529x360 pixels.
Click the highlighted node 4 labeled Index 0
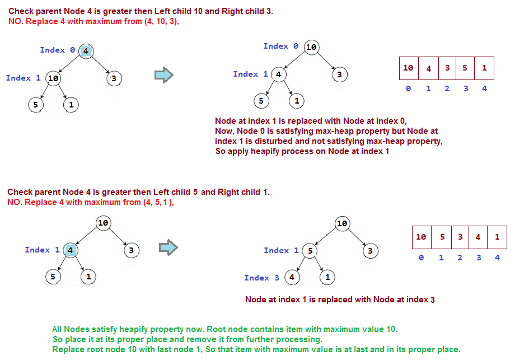pos(86,51)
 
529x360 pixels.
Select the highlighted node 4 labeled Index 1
pos(71,250)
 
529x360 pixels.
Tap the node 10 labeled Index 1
pos(53,78)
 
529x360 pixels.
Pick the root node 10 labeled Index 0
pos(311,47)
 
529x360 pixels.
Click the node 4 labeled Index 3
pos(291,277)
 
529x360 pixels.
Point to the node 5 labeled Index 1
pos(310,251)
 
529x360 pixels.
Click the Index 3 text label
pos(261,278)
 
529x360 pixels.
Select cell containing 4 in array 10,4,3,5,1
pos(428,68)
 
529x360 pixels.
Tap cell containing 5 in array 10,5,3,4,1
pos(441,237)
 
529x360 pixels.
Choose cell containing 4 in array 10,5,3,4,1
pos(477,237)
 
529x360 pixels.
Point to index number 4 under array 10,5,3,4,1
pos(497,258)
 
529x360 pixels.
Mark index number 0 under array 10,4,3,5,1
pos(408,89)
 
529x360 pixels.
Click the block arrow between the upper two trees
pos(162,75)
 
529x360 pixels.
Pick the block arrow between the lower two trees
pos(168,247)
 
